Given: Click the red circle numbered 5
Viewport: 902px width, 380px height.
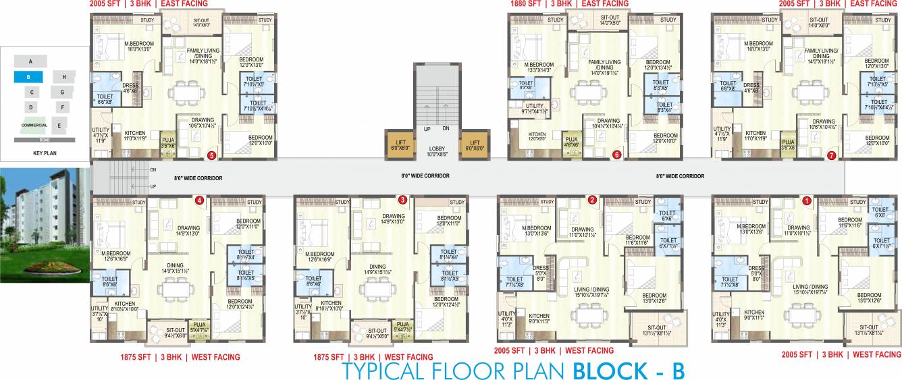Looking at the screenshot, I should (x=211, y=155).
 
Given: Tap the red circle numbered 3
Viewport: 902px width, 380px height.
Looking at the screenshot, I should (x=402, y=199).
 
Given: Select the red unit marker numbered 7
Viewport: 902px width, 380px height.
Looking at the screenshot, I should (x=831, y=155).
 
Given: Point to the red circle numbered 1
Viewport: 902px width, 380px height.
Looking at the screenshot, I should (x=806, y=200).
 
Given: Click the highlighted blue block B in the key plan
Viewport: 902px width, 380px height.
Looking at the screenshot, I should (x=29, y=77).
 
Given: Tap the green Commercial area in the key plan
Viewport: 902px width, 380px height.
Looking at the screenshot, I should (x=34, y=125).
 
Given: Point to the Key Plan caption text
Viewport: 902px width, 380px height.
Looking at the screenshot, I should (x=43, y=153).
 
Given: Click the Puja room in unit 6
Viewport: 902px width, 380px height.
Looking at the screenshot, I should (x=571, y=144).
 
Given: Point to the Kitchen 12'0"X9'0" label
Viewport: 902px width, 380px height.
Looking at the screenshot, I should (x=537, y=137).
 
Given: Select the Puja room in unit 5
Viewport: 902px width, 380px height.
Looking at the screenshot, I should (x=167, y=144).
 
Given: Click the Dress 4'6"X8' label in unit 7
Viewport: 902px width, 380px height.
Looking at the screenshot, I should (x=751, y=88).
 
